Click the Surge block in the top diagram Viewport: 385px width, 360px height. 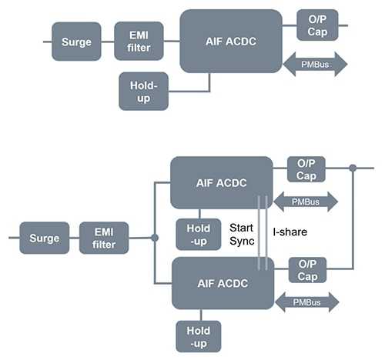[x=77, y=41]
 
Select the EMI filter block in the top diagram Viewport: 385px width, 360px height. [x=139, y=41]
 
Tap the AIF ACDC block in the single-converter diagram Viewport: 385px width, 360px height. [x=231, y=41]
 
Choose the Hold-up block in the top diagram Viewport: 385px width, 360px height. [x=143, y=91]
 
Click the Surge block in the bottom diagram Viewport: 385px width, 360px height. [x=44, y=238]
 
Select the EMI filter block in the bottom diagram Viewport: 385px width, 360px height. [x=104, y=238]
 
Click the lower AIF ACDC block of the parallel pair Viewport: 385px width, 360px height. [x=221, y=282]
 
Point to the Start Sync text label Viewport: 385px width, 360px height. [x=243, y=235]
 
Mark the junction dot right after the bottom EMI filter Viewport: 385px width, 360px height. [x=155, y=238]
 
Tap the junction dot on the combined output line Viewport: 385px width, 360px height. [x=352, y=168]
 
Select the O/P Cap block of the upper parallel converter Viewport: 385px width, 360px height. [x=306, y=169]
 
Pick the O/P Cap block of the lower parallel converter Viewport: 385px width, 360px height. [x=306, y=270]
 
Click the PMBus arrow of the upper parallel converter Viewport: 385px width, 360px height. [x=306, y=202]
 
